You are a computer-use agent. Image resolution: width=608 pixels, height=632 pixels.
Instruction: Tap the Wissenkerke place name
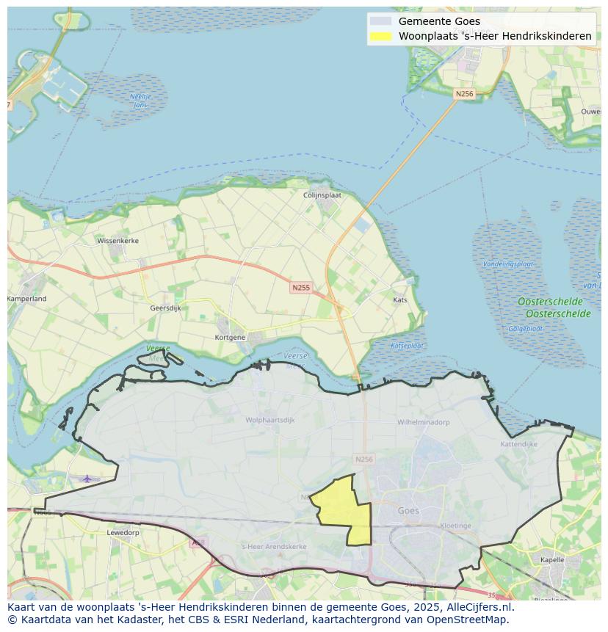tap(117, 240)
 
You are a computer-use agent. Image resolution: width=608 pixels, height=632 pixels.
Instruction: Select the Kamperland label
tap(27, 299)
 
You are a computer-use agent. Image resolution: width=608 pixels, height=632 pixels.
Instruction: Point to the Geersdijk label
tap(165, 308)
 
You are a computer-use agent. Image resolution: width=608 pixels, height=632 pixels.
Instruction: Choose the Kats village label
tap(400, 300)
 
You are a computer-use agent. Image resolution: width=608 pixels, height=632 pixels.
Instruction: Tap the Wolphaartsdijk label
tap(269, 420)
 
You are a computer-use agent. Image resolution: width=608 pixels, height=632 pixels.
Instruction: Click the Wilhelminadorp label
tap(423, 423)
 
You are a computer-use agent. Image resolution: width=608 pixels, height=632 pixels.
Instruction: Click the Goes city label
tap(408, 511)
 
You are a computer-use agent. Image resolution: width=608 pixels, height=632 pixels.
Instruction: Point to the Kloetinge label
tap(455, 526)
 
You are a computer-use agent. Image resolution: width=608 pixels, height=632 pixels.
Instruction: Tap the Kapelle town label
tap(552, 559)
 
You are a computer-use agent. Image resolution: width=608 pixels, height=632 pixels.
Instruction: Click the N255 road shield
tap(300, 288)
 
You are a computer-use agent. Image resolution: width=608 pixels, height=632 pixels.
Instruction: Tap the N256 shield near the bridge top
tap(464, 94)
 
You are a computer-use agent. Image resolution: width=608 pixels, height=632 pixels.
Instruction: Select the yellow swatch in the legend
tap(381, 36)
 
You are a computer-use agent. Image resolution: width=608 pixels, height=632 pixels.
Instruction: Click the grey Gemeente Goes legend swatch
tap(381, 21)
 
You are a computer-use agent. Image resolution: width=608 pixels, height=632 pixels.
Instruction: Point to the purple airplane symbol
tap(87, 479)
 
